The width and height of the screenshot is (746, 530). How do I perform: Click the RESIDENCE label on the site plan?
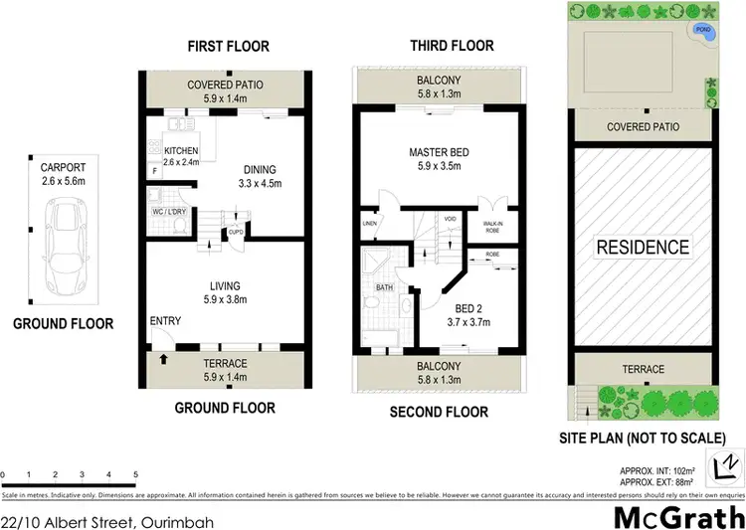[x=643, y=248]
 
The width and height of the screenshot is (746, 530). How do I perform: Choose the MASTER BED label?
[x=439, y=152]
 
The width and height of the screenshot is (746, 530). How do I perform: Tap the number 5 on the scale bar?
[x=134, y=474]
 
